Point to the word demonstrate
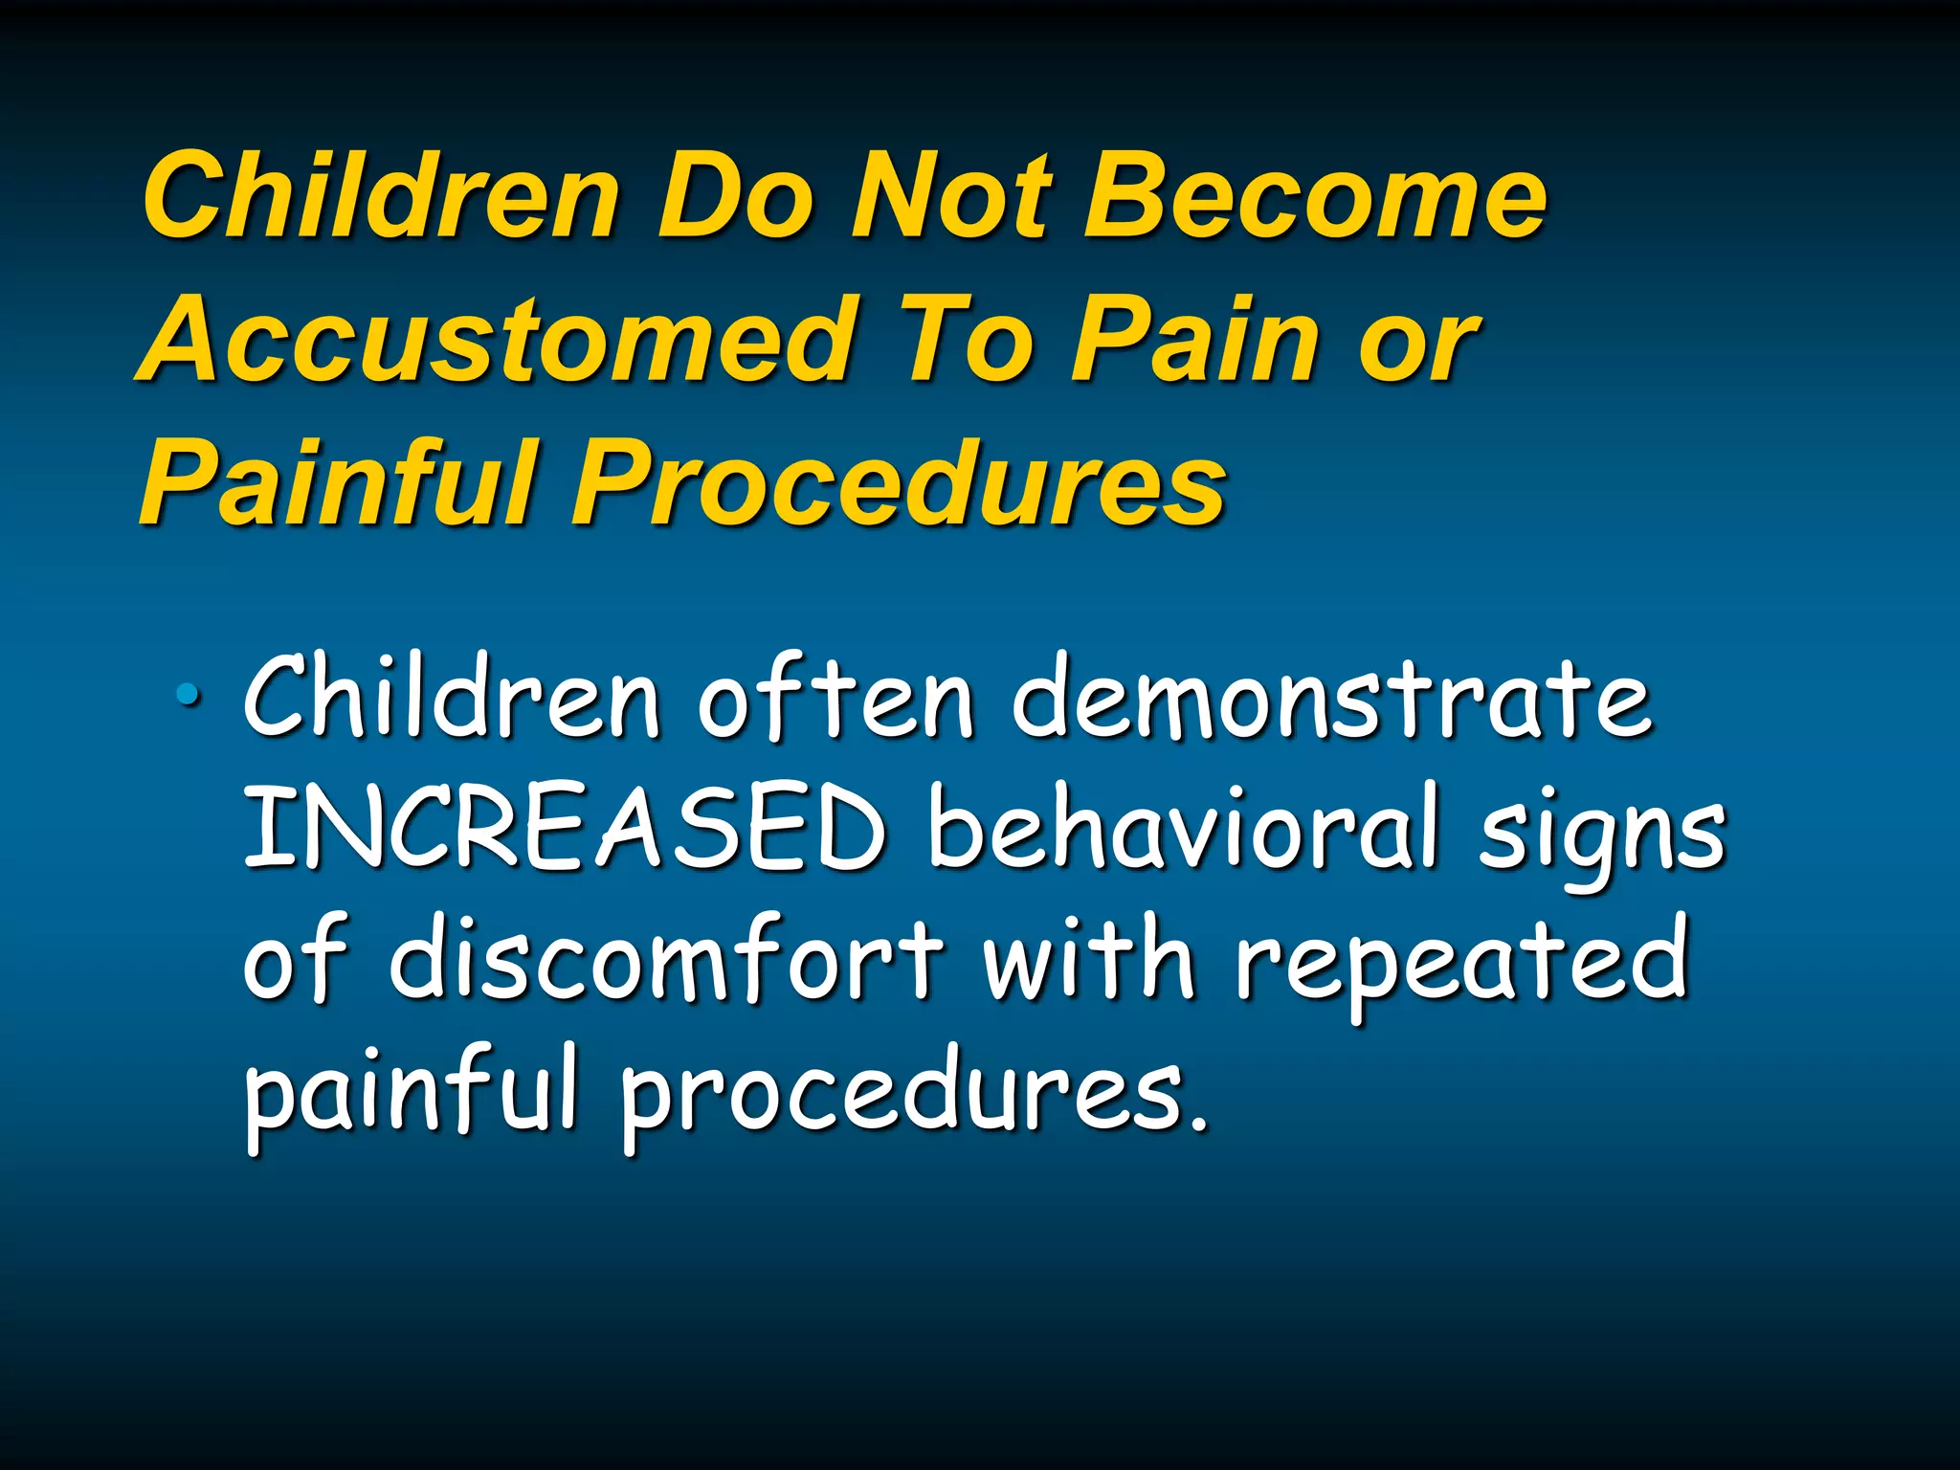[1331, 699]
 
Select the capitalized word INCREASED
[565, 828]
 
